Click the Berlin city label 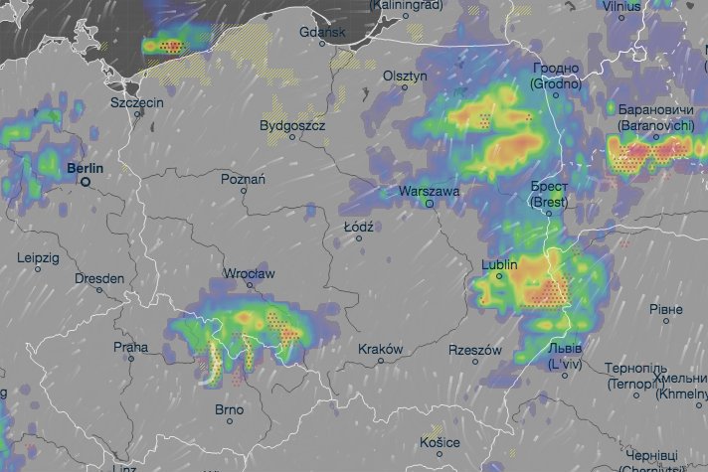85,169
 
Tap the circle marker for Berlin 87,182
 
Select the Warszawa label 428,190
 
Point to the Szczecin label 136,102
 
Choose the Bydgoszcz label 292,126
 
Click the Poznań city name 244,179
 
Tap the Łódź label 358,227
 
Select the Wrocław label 249,273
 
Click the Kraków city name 381,350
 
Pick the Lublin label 499,265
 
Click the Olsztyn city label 405,76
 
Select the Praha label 130,348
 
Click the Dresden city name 99,279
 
